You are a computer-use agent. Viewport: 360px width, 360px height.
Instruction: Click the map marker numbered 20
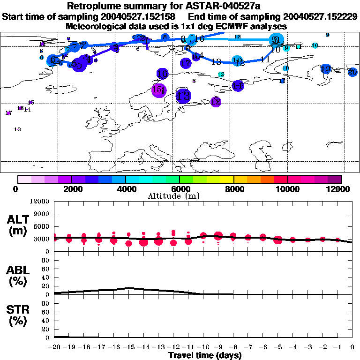(352, 72)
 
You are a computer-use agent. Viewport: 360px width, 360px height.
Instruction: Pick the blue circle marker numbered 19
(325, 69)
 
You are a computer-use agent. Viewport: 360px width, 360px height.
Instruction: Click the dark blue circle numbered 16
(162, 74)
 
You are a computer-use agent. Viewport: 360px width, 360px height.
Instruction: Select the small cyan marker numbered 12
(221, 75)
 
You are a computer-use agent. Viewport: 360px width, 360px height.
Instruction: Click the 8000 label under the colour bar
(233, 188)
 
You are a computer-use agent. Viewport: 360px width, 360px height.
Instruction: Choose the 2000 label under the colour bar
(71, 188)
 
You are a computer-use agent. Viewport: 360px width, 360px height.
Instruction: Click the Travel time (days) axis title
(205, 355)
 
